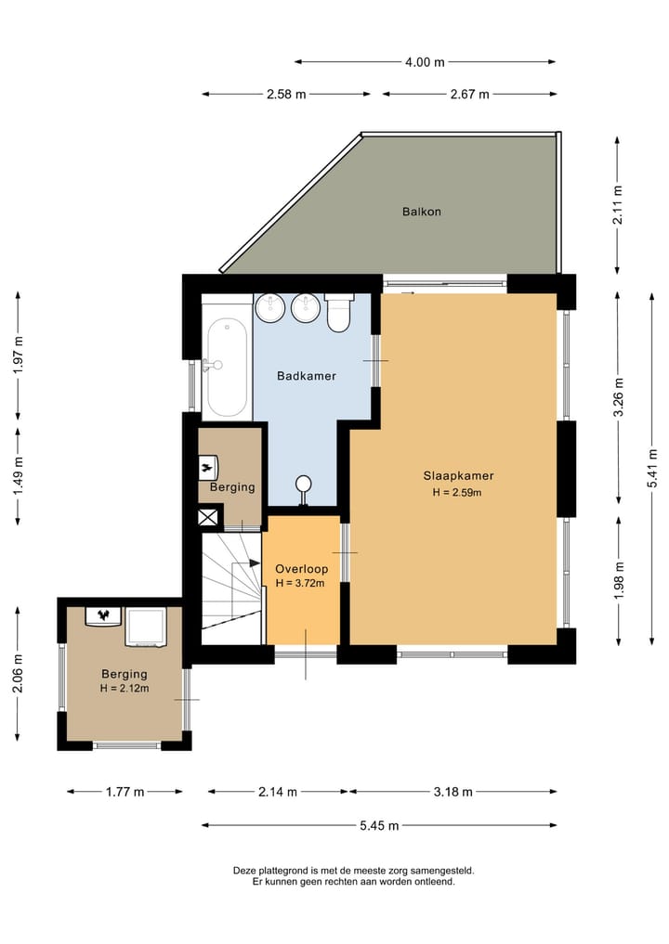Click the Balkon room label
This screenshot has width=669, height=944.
[x=421, y=212]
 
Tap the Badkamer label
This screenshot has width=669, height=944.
[x=307, y=376]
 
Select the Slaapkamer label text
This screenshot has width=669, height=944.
[x=458, y=475]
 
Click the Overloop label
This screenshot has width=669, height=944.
[x=301, y=568]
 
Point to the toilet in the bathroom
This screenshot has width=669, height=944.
[x=338, y=313]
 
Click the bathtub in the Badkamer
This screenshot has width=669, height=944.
[x=228, y=369]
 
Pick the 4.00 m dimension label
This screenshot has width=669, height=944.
[x=425, y=62]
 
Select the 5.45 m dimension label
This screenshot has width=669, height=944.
[x=379, y=825]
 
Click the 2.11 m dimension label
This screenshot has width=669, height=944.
[x=618, y=205]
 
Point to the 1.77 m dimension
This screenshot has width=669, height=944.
[x=125, y=792]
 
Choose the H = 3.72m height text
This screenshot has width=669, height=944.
[x=299, y=583]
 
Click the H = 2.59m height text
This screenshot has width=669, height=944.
[x=457, y=493]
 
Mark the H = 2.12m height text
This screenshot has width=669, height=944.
[x=125, y=688]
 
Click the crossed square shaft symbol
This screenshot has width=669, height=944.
[x=208, y=518]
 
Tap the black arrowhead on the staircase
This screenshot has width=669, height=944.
[x=255, y=563]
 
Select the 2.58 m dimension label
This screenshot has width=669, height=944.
[x=286, y=95]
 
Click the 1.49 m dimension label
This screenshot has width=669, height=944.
[x=18, y=475]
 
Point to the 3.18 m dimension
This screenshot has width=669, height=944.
[x=453, y=792]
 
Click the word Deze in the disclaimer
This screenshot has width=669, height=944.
[x=244, y=871]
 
